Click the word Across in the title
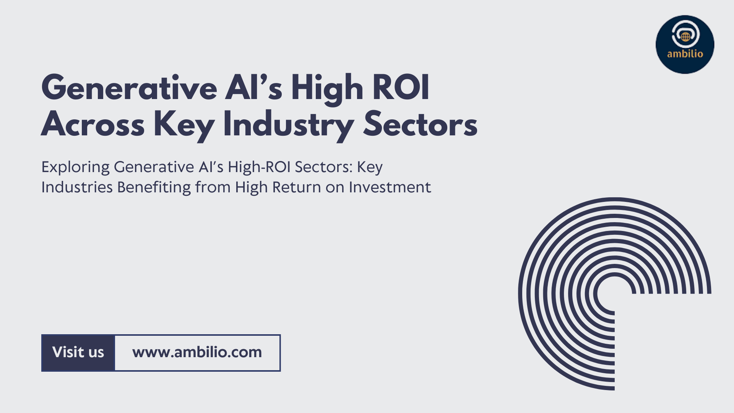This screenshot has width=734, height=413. point(93,124)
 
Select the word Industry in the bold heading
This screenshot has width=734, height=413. point(289,125)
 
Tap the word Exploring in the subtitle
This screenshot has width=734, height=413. point(75,167)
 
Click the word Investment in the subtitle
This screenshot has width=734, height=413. point(390,187)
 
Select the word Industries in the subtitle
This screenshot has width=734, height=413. point(77,187)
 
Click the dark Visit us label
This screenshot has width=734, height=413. point(78,353)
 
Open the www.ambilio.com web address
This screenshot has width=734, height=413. point(197,352)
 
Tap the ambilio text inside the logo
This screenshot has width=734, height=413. point(685,54)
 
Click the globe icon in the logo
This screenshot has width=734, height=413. point(685,37)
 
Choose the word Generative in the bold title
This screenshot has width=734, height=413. point(129,88)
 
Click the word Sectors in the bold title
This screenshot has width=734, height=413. point(420,124)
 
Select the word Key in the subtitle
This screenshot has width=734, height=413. point(370,167)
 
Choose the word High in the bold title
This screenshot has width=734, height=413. point(327,89)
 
